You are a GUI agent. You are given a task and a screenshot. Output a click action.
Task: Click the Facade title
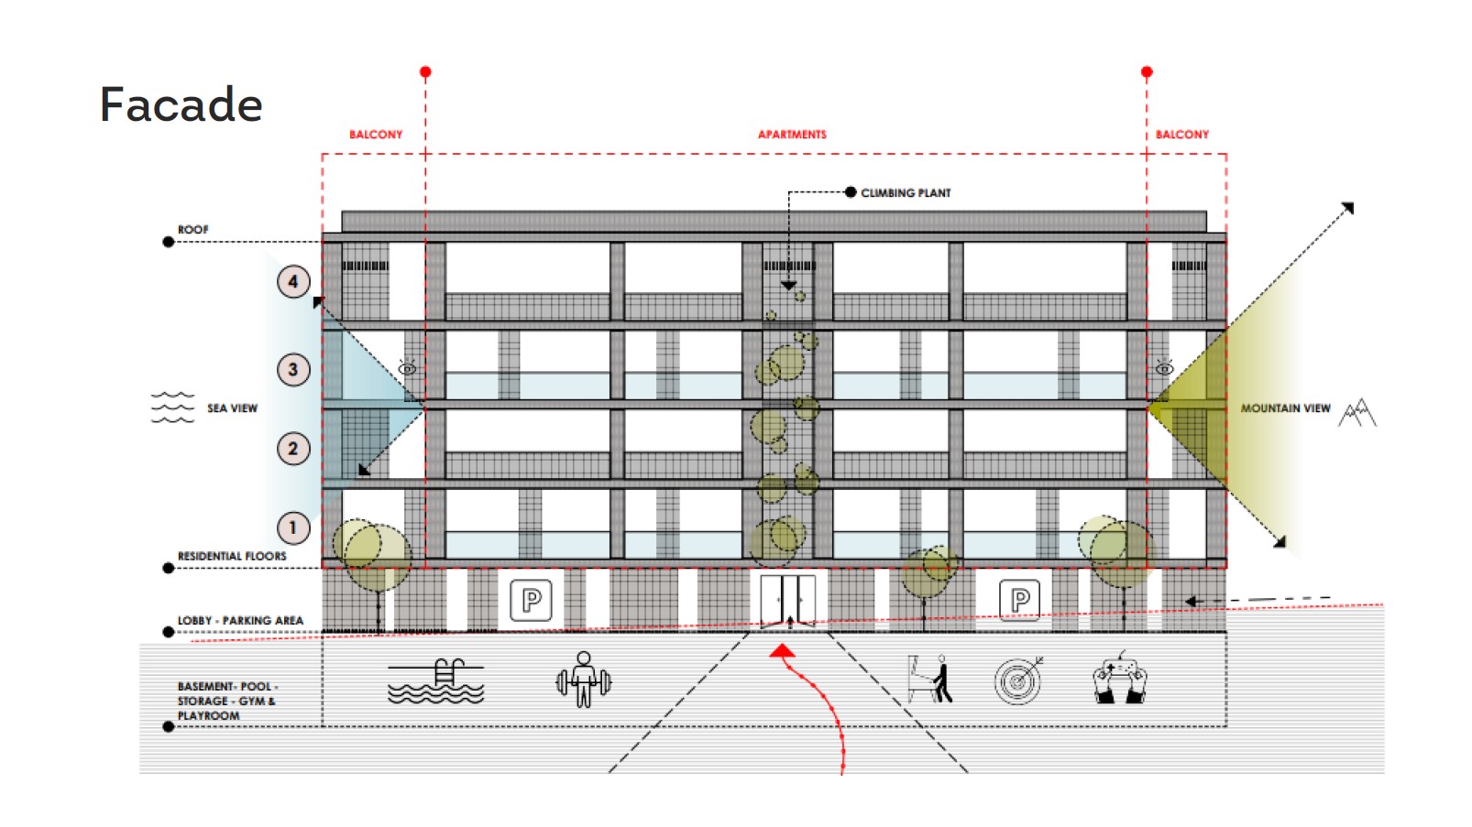point(181,104)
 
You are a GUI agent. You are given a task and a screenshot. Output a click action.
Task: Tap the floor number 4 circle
point(293,282)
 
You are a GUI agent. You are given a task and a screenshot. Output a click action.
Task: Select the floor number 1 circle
point(293,528)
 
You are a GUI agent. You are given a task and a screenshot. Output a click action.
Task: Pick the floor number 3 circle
point(293,370)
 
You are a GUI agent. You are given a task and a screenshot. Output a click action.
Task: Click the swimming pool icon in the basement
point(435,681)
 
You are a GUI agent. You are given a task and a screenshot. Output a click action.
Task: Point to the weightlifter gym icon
point(584,680)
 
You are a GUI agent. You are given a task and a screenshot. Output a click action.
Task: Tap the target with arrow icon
point(1018,680)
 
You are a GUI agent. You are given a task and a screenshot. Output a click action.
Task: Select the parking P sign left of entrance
point(531,600)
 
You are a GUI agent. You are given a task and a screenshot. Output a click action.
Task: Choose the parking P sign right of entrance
point(1019,600)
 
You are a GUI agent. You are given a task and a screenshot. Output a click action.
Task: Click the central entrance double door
point(788,601)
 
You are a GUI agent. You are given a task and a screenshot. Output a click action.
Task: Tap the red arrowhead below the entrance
point(782,651)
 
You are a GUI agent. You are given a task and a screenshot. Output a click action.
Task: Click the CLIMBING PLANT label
point(906,193)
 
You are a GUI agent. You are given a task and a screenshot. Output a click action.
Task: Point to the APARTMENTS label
point(792,135)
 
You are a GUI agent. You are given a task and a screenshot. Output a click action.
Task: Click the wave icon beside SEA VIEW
point(173,408)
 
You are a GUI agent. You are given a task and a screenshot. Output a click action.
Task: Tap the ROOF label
point(192,230)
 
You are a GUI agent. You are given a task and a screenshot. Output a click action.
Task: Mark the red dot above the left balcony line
point(425,71)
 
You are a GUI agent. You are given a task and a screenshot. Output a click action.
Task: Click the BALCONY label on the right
point(1182,135)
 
